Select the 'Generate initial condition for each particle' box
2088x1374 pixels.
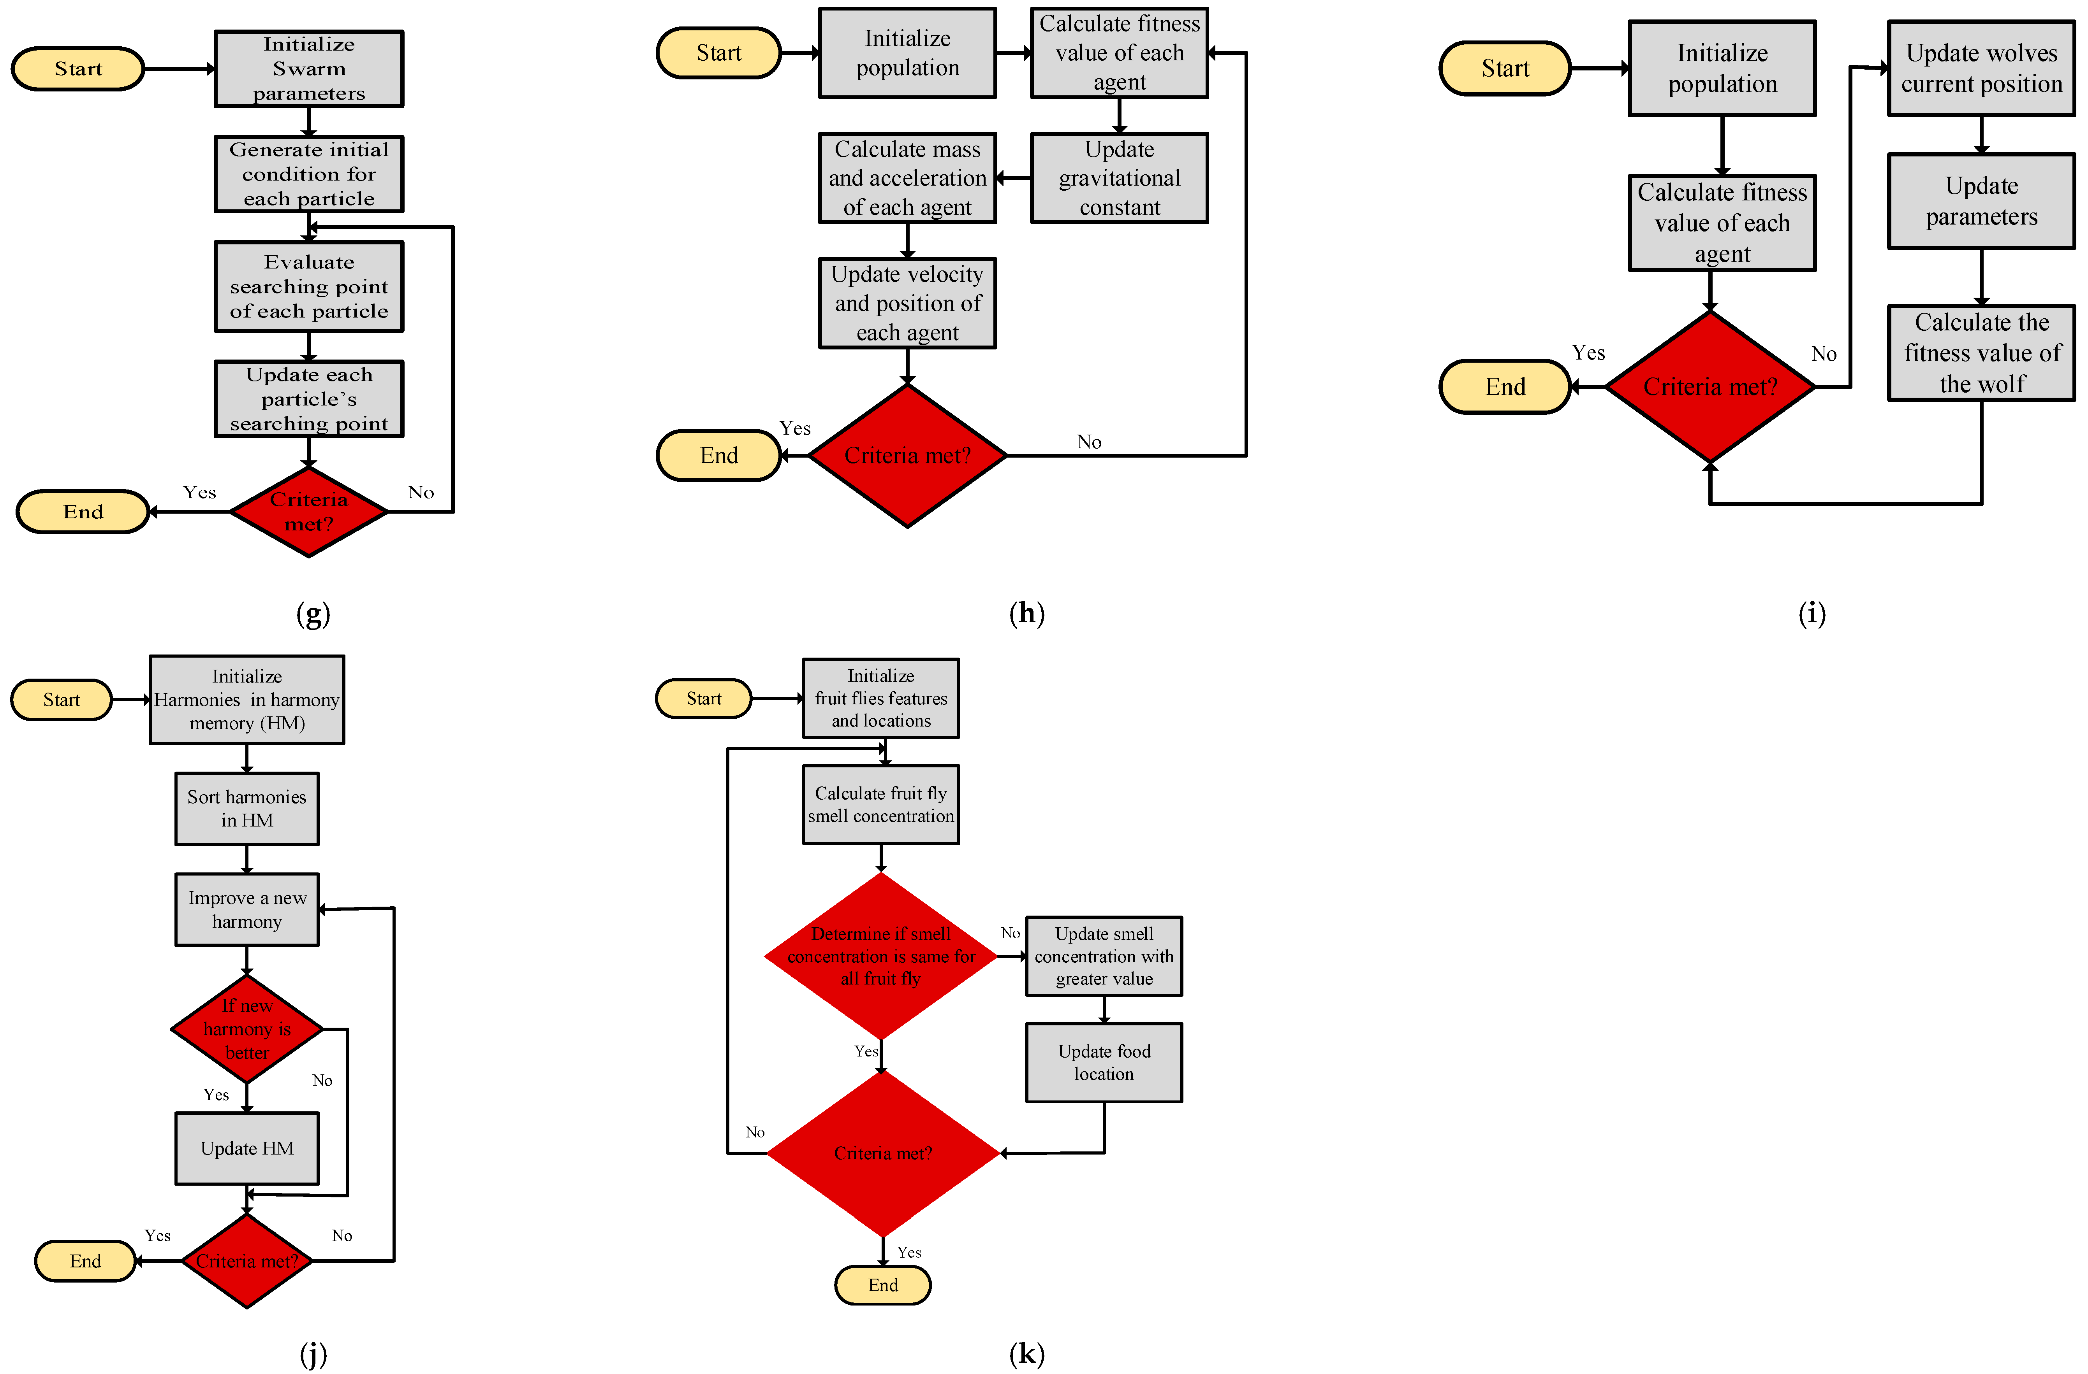[x=309, y=174]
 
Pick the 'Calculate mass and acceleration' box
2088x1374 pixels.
[x=907, y=178]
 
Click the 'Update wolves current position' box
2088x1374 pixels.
[x=1981, y=68]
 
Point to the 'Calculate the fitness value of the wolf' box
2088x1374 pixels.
[x=1981, y=353]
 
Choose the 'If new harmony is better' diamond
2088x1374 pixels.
[x=246, y=1028]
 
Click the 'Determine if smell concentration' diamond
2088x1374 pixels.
[x=881, y=956]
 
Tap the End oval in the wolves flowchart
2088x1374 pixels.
[x=1505, y=387]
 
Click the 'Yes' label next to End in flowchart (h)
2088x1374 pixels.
[x=795, y=428]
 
